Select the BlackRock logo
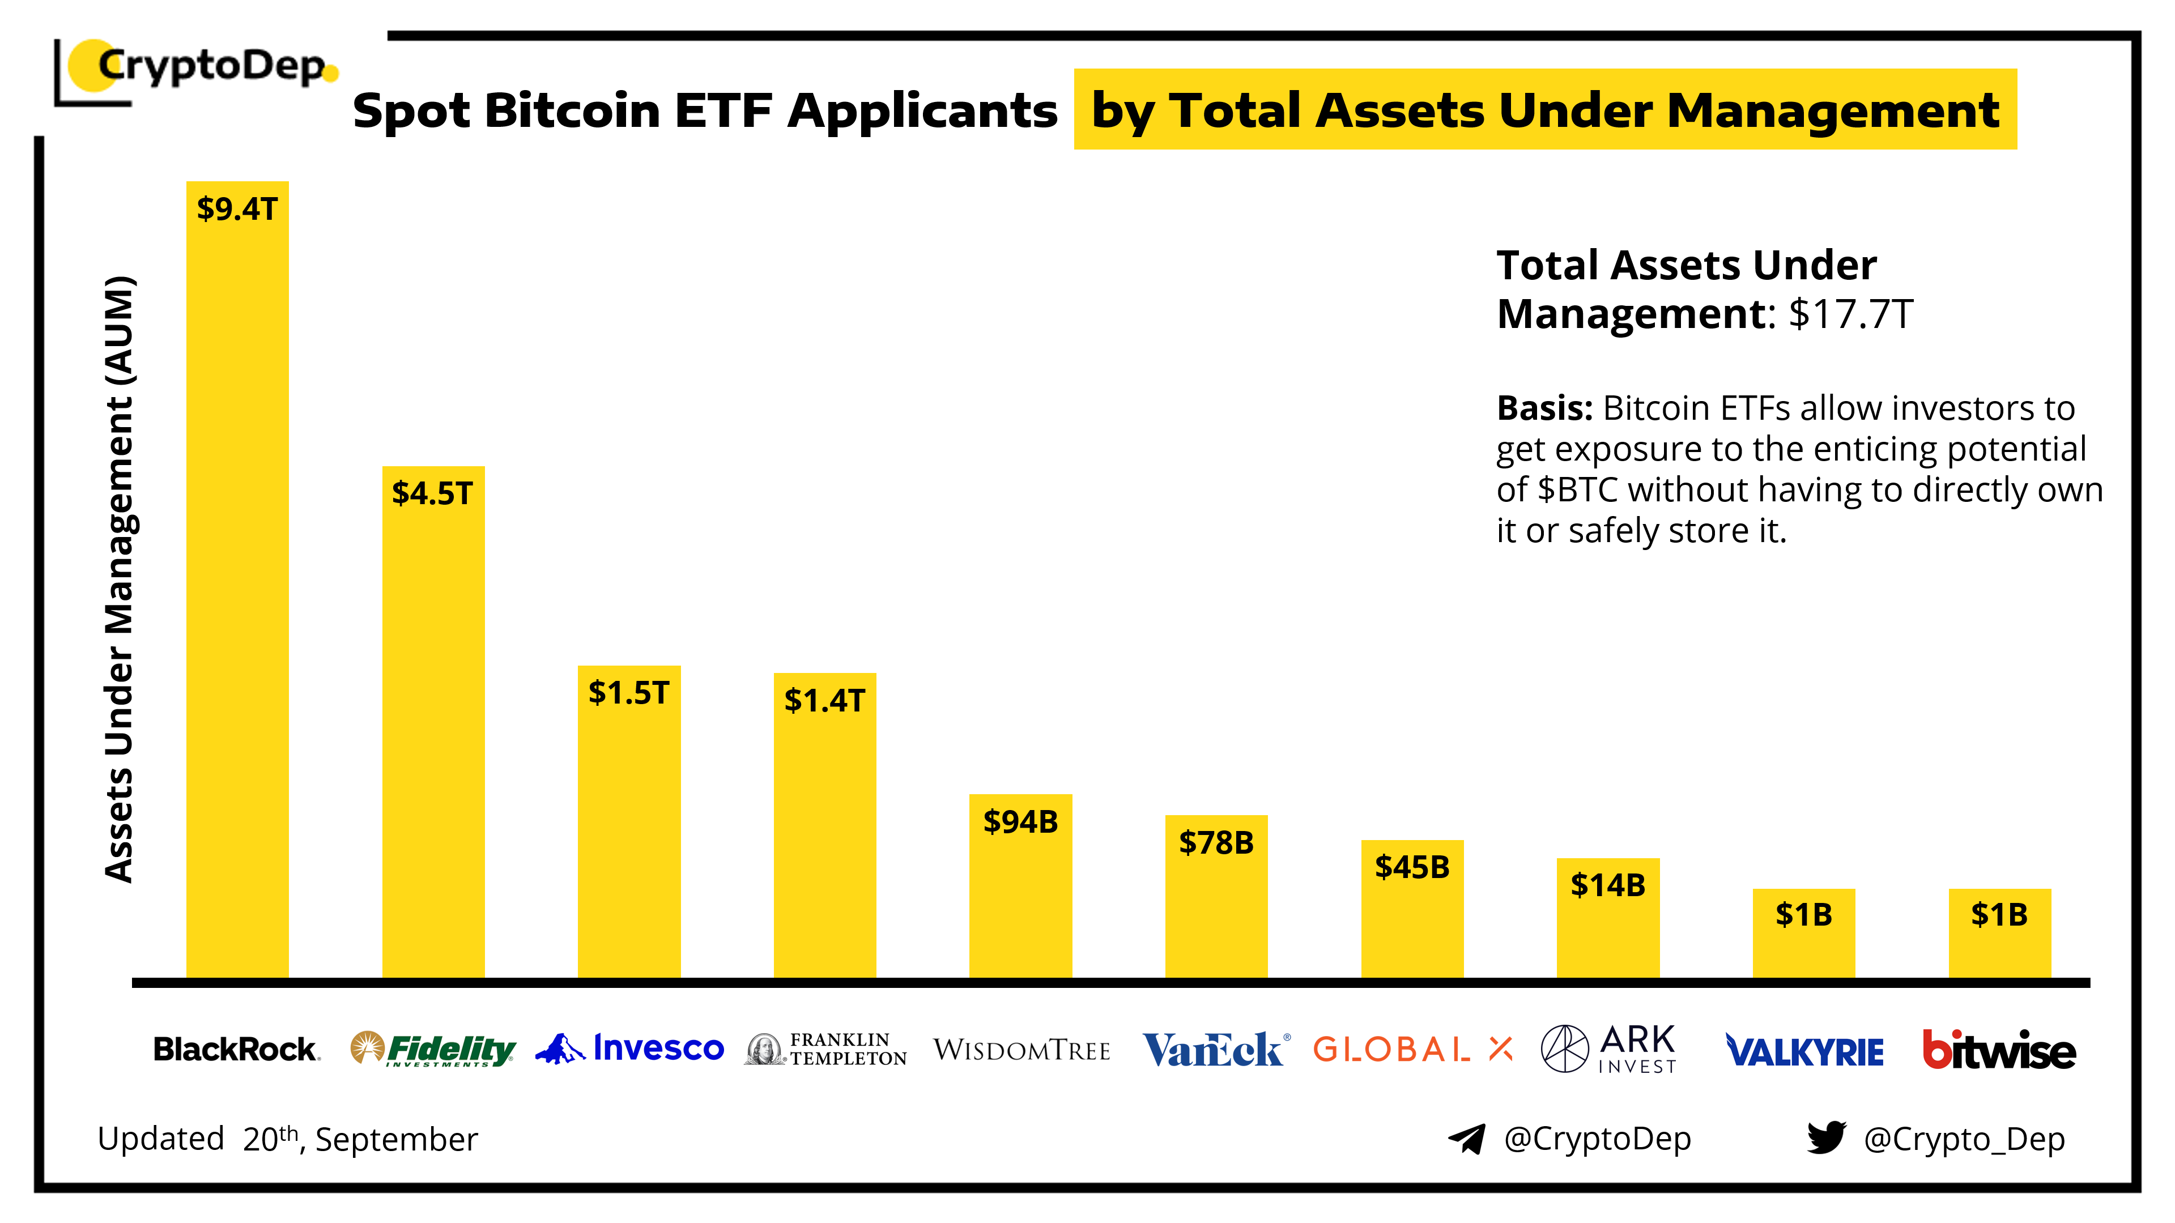[236, 1049]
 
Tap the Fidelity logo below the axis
[433, 1049]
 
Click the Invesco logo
[630, 1049]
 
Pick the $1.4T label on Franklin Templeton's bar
[825, 701]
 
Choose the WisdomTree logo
[1021, 1050]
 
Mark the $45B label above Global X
[1412, 867]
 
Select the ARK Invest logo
[1608, 1049]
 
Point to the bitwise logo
[1999, 1050]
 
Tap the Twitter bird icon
[1827, 1138]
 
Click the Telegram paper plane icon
[1467, 1139]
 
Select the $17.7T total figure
[1851, 314]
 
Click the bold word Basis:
[1544, 408]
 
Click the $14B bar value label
[1608, 885]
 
